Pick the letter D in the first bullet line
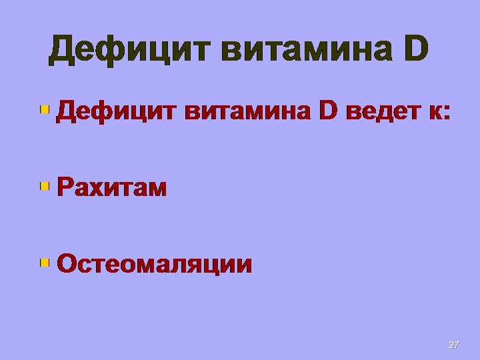click(330, 112)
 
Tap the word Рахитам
click(112, 188)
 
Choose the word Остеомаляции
click(155, 264)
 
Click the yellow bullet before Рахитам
click(45, 186)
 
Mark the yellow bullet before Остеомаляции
click(45, 262)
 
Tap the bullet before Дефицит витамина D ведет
click(45, 109)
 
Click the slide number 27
click(453, 345)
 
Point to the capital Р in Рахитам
click(64, 188)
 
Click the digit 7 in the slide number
click(456, 345)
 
